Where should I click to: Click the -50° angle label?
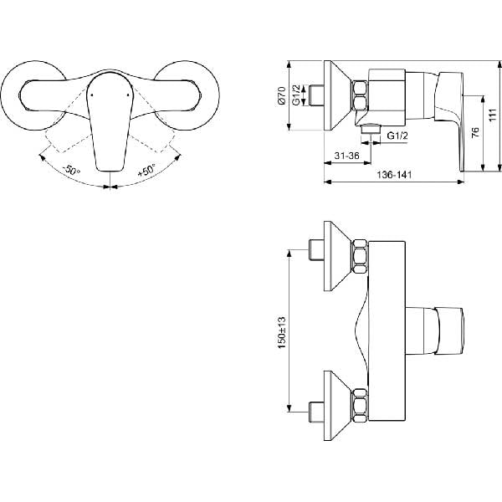tap(71, 170)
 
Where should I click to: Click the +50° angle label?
tap(146, 170)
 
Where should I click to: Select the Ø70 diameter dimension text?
tap(281, 95)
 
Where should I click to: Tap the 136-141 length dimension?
tap(394, 175)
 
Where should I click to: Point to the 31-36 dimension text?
tap(346, 156)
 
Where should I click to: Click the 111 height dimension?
tap(493, 115)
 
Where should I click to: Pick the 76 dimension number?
tap(476, 132)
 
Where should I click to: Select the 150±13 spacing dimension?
tap(282, 333)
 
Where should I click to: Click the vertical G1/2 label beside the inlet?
tap(296, 95)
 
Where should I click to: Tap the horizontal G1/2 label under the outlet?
tap(397, 136)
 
